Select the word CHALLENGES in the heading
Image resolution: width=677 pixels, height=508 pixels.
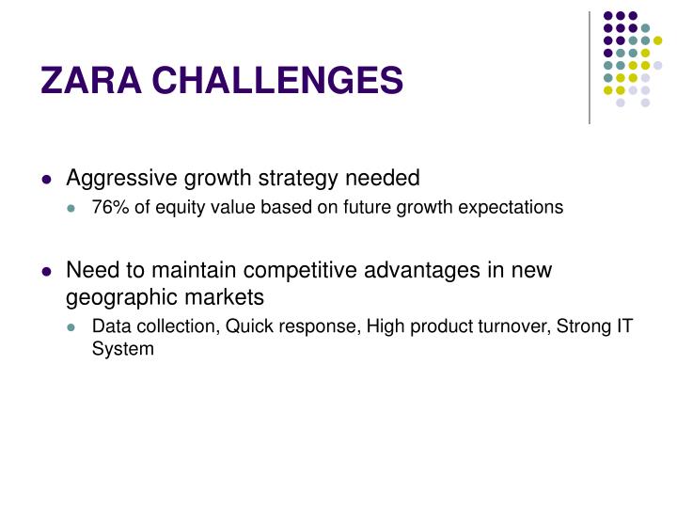pos(277,82)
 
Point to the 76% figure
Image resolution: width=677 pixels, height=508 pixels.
pos(108,207)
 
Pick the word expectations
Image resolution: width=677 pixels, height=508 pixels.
pos(519,207)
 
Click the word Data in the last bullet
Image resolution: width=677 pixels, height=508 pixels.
pos(109,326)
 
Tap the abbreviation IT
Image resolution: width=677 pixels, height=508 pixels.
pos(623,326)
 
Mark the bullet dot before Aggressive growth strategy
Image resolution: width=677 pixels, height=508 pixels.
pos(47,179)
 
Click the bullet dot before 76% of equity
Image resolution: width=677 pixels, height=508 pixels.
pos(73,208)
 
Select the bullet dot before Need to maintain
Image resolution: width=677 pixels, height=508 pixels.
pos(47,272)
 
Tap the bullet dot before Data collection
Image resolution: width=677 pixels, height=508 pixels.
pos(73,327)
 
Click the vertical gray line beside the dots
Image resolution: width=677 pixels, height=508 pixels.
pos(590,66)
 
